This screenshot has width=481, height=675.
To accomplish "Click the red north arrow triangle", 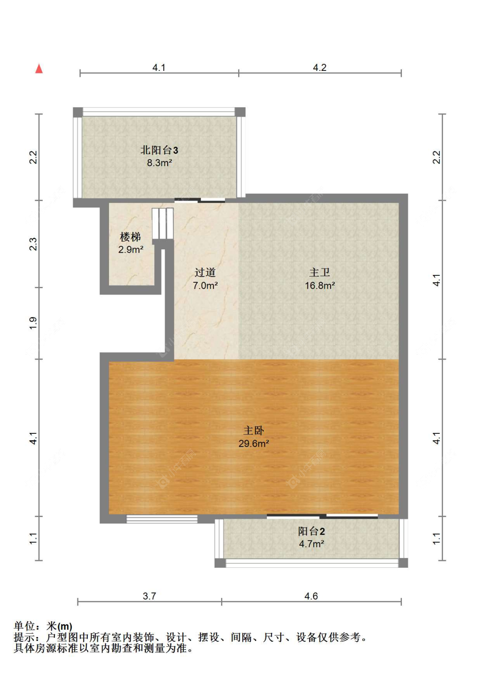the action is tap(39, 69).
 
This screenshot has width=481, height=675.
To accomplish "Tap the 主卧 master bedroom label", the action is tap(254, 430).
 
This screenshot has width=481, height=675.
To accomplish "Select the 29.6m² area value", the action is tap(254, 444).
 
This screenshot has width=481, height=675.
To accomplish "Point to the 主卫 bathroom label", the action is tap(319, 272).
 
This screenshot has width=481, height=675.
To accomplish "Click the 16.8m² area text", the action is tap(319, 285).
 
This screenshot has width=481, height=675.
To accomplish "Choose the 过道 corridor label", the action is tap(205, 272).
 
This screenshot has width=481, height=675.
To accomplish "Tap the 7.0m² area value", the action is tap(205, 285).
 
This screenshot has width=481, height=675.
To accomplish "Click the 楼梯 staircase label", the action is tap(130, 237).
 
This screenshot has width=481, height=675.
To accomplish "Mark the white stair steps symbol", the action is tap(162, 224).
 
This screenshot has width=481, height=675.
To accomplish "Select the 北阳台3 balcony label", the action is tap(159, 150).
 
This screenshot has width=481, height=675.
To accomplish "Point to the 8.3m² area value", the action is tap(159, 163).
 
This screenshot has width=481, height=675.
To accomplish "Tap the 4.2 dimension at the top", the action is tap(319, 67).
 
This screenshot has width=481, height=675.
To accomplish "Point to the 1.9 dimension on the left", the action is tap(33, 323).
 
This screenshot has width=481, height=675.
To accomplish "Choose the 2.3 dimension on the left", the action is tap(33, 244).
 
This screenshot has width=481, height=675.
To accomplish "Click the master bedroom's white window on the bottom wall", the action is tap(162, 519).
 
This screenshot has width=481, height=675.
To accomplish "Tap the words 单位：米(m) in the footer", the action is tap(43, 626).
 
